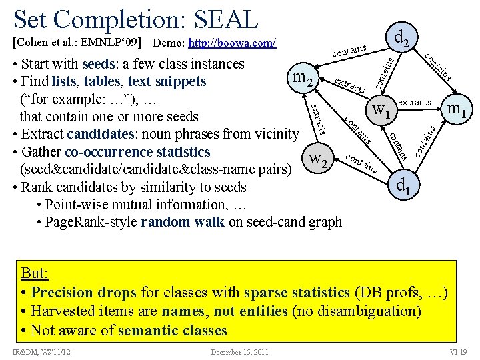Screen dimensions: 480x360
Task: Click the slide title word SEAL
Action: click(x=223, y=20)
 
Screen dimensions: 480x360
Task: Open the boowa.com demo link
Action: click(x=232, y=44)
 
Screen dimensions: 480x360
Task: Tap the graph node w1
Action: click(x=383, y=109)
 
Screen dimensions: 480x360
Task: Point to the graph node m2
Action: click(x=302, y=79)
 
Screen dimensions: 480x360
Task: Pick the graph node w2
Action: click(x=318, y=159)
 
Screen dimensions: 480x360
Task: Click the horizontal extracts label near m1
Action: click(x=415, y=102)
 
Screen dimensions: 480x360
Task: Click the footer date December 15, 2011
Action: click(x=239, y=351)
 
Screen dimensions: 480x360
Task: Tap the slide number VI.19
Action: click(x=458, y=351)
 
